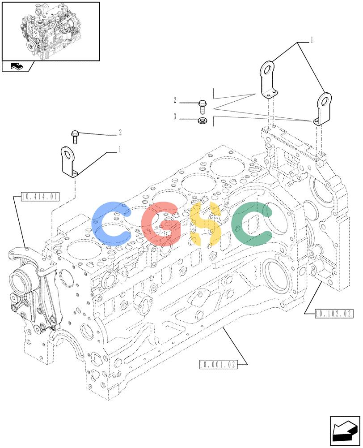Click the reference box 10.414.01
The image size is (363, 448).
(x=40, y=197)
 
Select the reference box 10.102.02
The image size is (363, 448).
(x=334, y=314)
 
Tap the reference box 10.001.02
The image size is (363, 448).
(x=218, y=364)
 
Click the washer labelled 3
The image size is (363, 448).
(x=203, y=121)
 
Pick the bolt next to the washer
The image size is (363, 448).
(x=202, y=107)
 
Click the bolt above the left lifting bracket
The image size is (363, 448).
(x=75, y=137)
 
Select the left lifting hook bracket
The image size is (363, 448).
(x=69, y=162)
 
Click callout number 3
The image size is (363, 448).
(x=175, y=116)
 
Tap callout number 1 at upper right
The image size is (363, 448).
(x=312, y=40)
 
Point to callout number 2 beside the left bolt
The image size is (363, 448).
(x=120, y=132)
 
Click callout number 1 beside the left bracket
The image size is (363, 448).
(x=120, y=149)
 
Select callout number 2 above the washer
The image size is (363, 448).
(x=175, y=100)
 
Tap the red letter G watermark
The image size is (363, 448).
(x=161, y=224)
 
